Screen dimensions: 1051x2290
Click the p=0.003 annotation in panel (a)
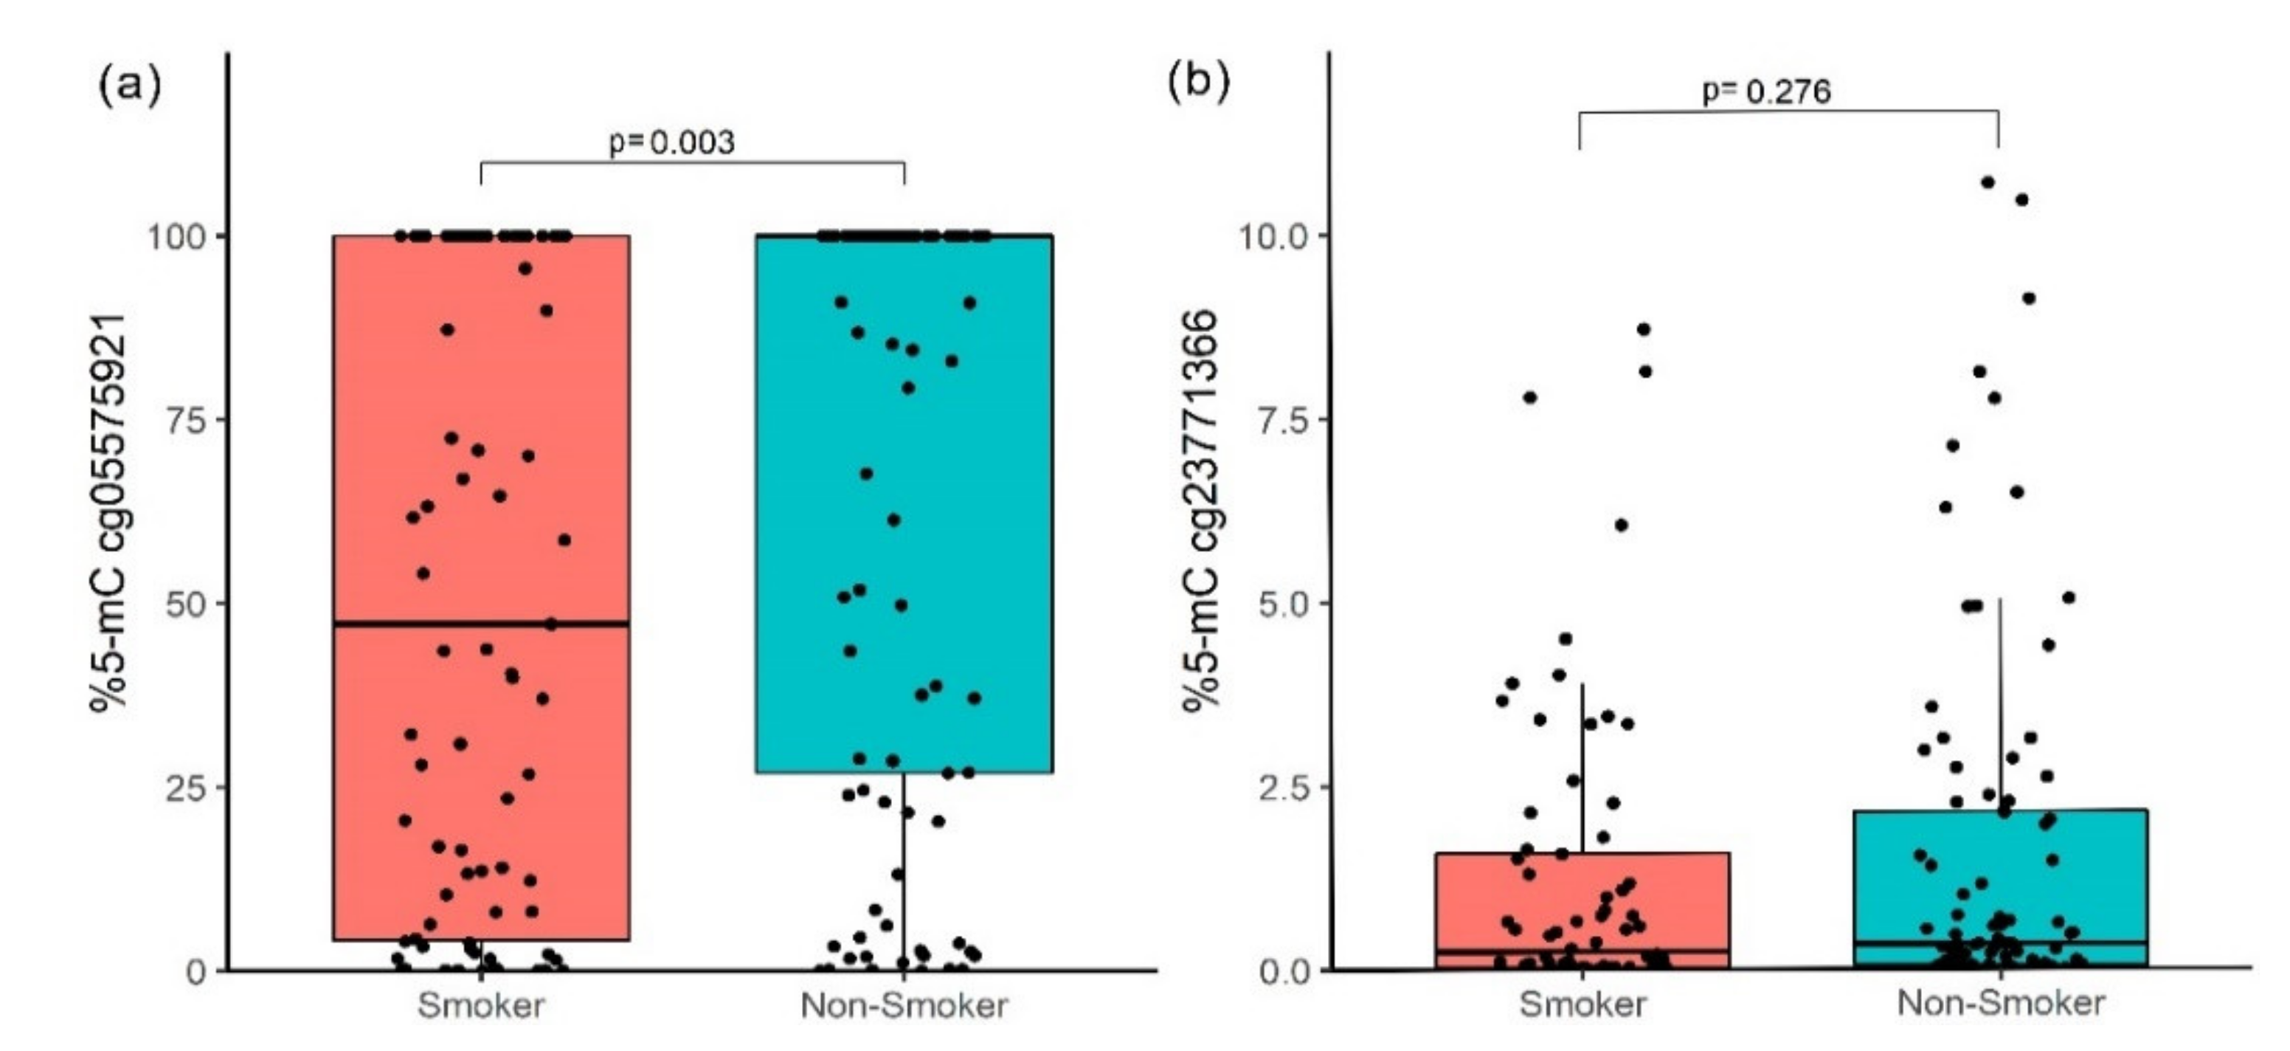(672, 142)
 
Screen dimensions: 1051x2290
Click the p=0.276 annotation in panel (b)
(1765, 92)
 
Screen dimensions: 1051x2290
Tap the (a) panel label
(130, 86)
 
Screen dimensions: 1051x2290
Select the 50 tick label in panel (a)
(187, 604)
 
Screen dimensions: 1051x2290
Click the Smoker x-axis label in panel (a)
(481, 1006)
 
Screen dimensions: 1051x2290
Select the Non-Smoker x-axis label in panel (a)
(904, 1006)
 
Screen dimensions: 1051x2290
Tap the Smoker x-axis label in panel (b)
(1582, 1004)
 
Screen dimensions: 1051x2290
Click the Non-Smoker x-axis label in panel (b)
(2001, 1003)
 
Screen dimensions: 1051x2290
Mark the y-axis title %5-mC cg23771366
(1201, 511)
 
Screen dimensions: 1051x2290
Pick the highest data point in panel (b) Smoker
(1644, 330)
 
